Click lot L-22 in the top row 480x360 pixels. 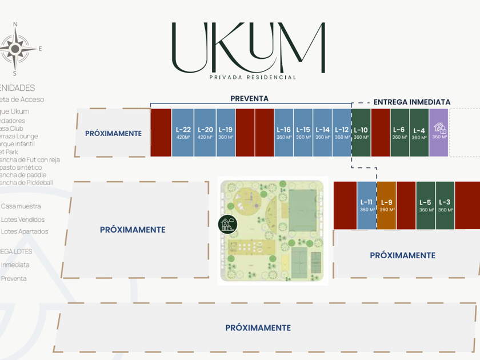183,133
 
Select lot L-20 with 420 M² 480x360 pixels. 205,133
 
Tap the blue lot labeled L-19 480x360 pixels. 226,133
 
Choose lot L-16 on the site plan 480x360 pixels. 284,133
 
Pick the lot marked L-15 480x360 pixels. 303,133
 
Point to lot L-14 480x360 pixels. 323,133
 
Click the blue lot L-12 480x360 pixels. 342,133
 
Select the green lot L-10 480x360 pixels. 361,133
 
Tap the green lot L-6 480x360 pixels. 399,133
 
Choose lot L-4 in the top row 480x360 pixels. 419,133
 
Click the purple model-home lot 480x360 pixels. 439,133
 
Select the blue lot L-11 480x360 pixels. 367,205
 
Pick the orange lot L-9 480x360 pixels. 387,205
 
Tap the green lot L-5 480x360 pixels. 425,205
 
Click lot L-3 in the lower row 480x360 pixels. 445,205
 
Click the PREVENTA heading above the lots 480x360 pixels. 249,98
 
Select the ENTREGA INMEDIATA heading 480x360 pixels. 412,102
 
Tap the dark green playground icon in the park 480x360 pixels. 227,225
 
